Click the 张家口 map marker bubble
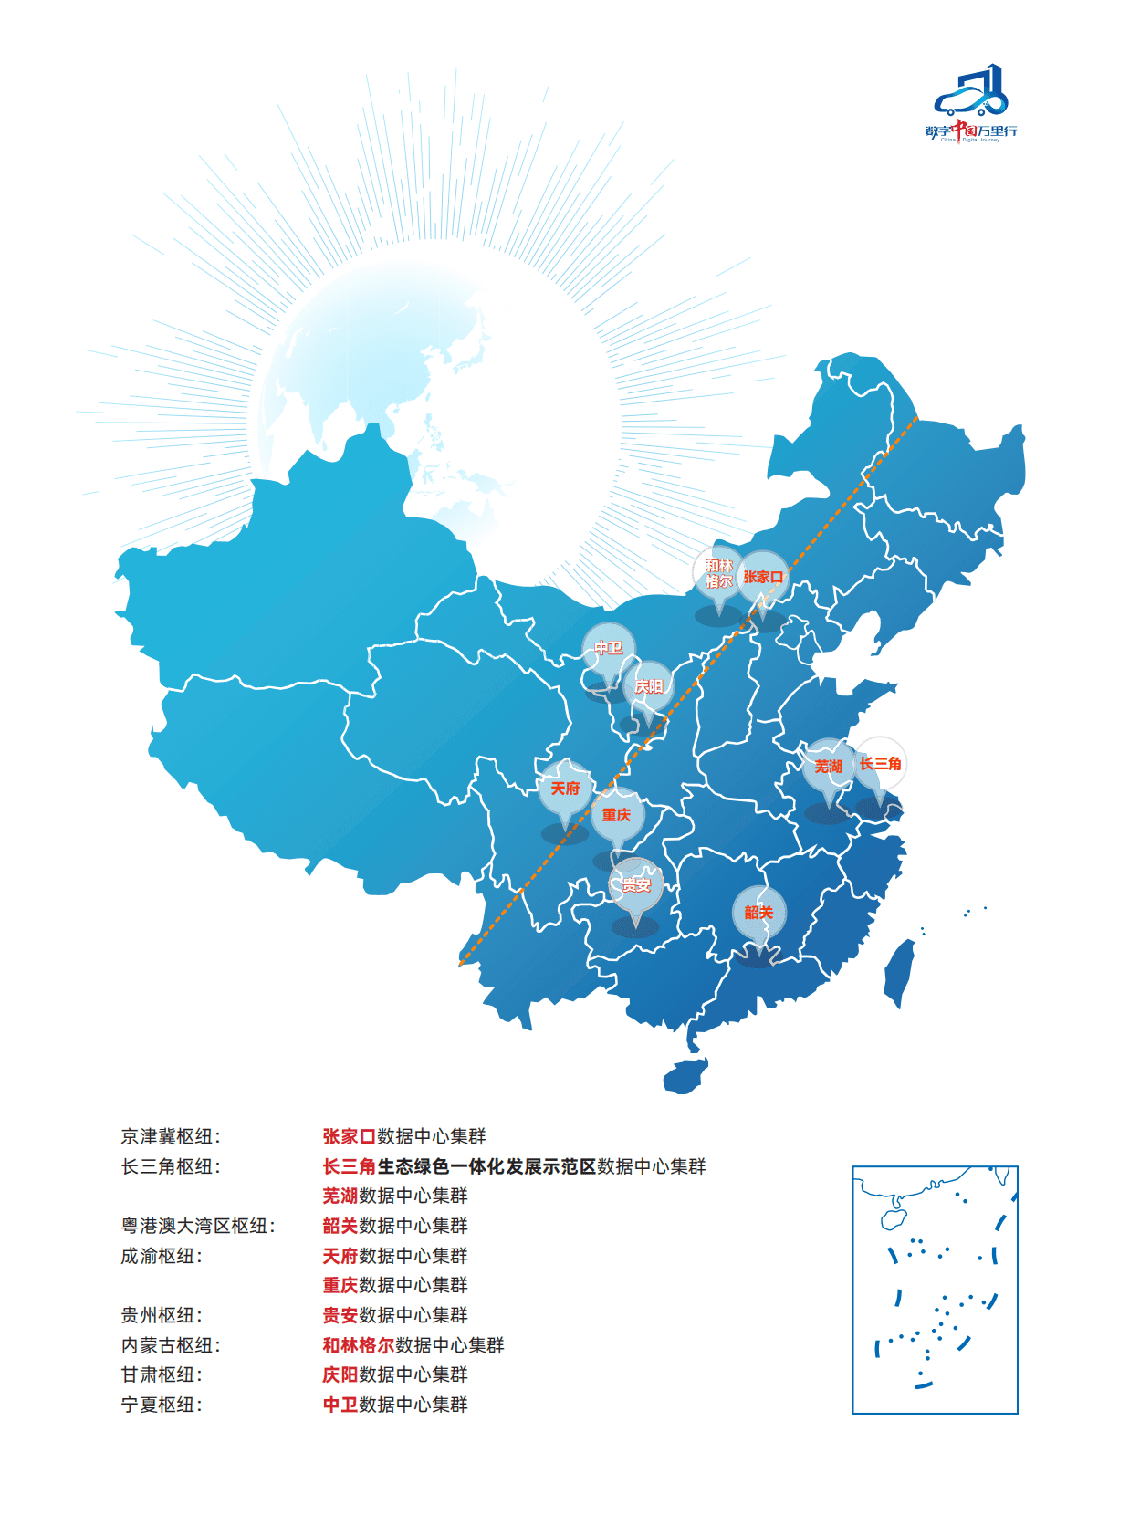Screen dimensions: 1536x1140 click(762, 577)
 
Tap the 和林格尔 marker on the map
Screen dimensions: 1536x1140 click(718, 574)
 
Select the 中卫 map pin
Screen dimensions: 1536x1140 click(609, 648)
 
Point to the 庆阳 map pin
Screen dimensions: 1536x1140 click(649, 686)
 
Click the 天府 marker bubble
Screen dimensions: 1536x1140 click(566, 788)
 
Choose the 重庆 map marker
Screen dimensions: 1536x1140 click(617, 815)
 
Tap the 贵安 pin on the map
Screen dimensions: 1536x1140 click(636, 884)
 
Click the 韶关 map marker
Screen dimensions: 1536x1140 click(758, 912)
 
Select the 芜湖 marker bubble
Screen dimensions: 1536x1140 click(829, 766)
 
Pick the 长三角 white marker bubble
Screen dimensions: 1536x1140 click(880, 763)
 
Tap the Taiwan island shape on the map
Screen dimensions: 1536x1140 click(899, 973)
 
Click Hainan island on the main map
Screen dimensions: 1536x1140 click(685, 1075)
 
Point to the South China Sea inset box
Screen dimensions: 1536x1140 click(935, 1289)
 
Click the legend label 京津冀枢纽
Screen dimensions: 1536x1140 click(171, 1136)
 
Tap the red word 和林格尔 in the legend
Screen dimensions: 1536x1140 click(359, 1345)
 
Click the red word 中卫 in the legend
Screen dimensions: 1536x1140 click(340, 1405)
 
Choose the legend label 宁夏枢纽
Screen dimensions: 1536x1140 click(162, 1405)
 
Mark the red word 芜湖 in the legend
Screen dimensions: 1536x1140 click(340, 1196)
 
